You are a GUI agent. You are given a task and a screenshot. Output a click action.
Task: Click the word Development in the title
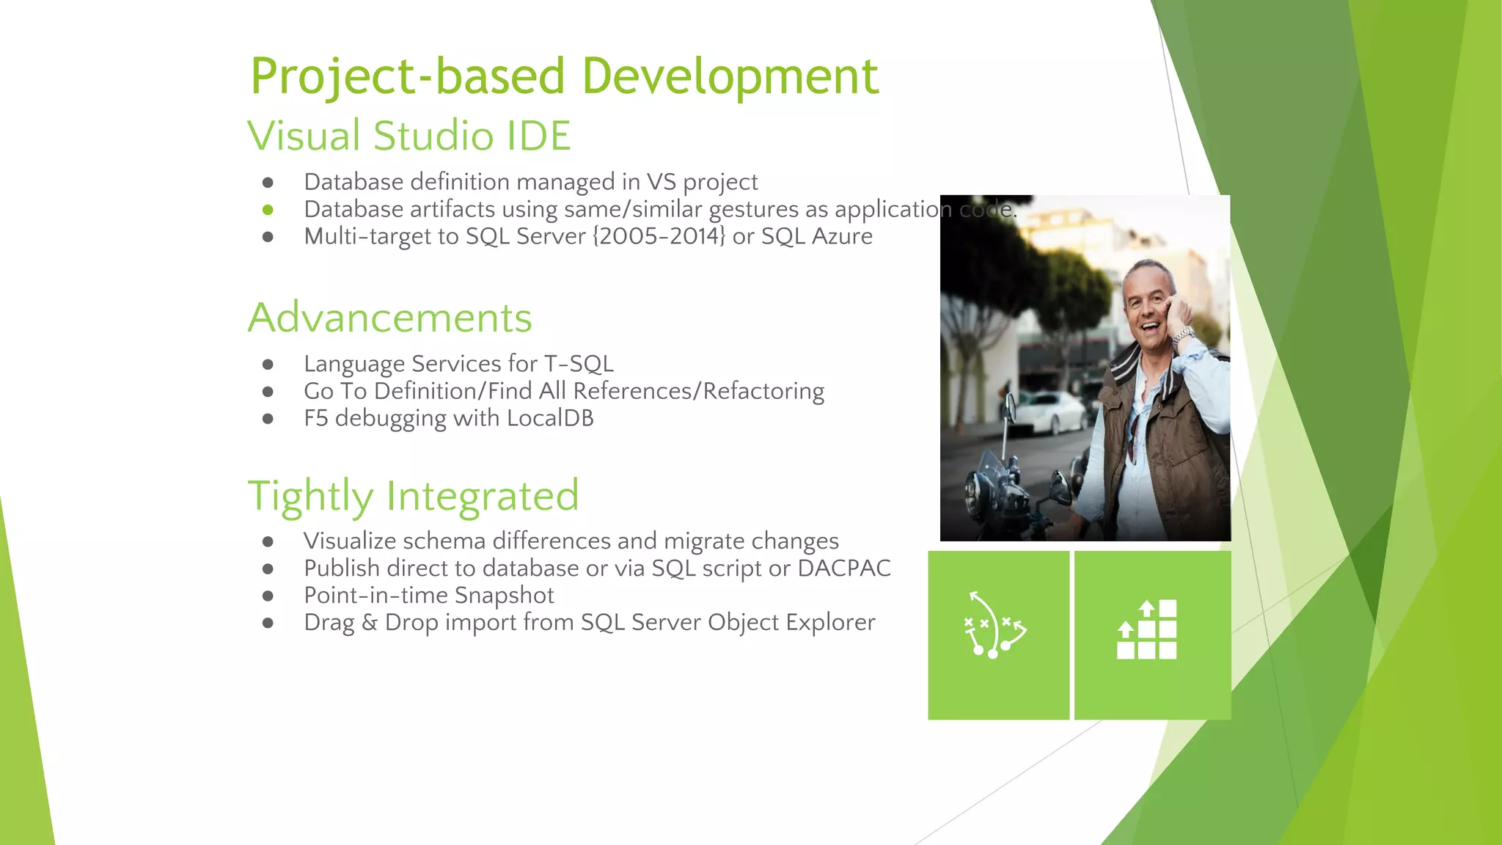point(730,76)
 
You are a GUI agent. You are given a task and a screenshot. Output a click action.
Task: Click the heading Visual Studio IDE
point(409,136)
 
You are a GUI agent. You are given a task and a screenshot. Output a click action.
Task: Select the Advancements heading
point(389,318)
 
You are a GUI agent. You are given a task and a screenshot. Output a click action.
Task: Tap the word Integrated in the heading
point(483,496)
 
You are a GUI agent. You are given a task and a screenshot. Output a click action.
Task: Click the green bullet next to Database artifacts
point(268,210)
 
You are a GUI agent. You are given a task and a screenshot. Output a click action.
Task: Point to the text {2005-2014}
point(659,236)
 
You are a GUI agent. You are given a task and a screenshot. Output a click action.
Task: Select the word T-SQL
point(579,364)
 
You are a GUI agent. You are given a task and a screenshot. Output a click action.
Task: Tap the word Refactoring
point(763,391)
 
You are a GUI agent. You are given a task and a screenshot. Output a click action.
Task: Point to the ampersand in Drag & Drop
point(370,623)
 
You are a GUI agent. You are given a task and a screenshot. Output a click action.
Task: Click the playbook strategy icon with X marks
point(995,626)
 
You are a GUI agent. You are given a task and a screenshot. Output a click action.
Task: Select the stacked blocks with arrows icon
point(1147,630)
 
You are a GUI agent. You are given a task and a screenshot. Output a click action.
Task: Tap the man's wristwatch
point(1182,336)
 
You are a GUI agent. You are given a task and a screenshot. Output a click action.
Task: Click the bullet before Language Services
point(268,365)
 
